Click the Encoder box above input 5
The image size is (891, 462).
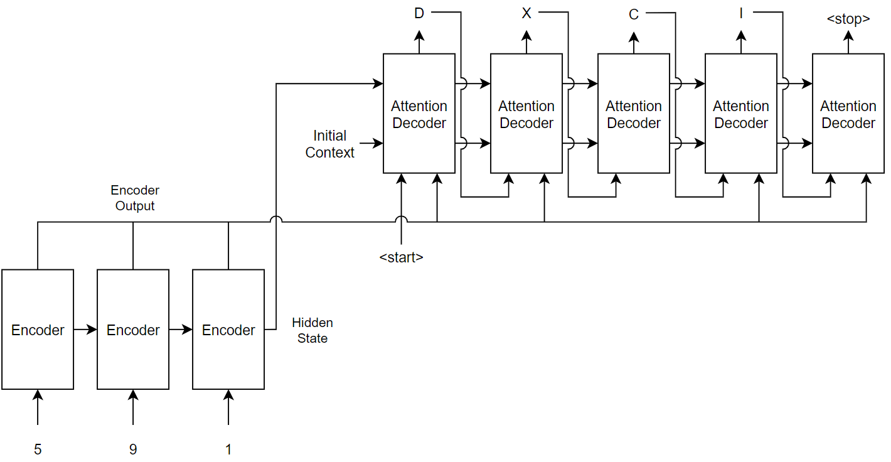tap(38, 330)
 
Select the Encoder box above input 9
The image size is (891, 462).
tap(133, 330)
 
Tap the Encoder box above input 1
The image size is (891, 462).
tap(228, 330)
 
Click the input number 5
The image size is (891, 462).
tap(38, 449)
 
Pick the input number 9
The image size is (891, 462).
tap(133, 449)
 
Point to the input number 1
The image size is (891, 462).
tap(228, 449)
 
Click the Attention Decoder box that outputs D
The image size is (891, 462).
tap(419, 114)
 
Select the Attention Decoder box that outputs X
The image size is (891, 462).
tap(526, 114)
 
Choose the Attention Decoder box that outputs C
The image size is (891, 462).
tap(634, 114)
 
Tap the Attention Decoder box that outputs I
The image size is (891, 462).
tap(741, 114)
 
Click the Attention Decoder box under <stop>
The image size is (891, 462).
tap(848, 114)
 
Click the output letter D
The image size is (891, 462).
tap(419, 13)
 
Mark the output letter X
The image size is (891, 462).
tap(526, 13)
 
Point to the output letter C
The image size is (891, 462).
tap(634, 14)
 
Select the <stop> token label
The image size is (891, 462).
tap(848, 19)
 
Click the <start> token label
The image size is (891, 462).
tap(402, 257)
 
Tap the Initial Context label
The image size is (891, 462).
tap(330, 144)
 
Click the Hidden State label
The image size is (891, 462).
tap(312, 330)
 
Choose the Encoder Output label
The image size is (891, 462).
tap(135, 198)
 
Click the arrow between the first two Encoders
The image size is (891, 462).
tap(85, 330)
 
